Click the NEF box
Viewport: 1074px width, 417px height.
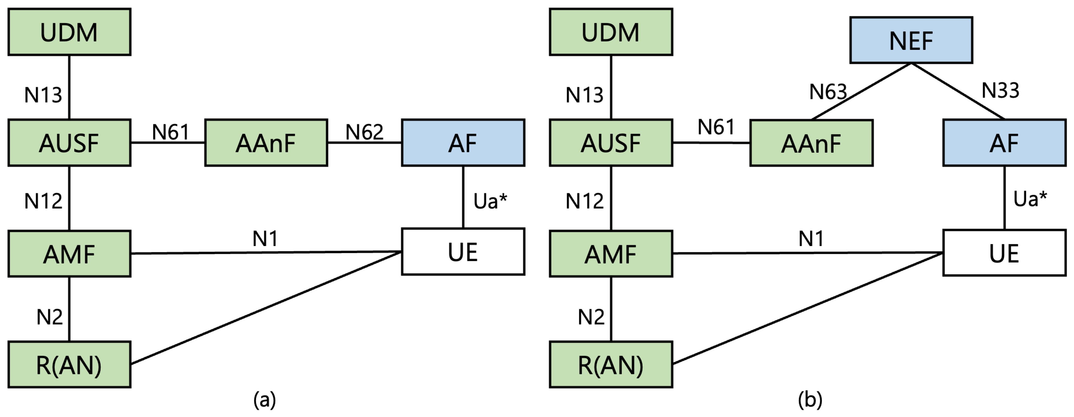911,40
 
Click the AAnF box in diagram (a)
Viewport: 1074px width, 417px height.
266,143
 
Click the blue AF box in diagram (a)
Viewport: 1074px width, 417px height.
463,143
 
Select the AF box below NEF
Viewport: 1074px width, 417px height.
1004,143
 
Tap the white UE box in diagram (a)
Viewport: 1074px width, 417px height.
463,252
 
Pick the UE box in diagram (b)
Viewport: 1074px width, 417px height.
1004,253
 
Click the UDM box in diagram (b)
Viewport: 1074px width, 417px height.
610,32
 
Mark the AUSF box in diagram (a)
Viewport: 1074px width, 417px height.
69,143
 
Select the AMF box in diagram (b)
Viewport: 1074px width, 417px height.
610,254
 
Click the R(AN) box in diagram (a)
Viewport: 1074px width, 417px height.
69,365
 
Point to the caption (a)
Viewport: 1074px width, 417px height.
264,400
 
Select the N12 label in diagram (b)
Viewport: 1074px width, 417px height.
584,201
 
